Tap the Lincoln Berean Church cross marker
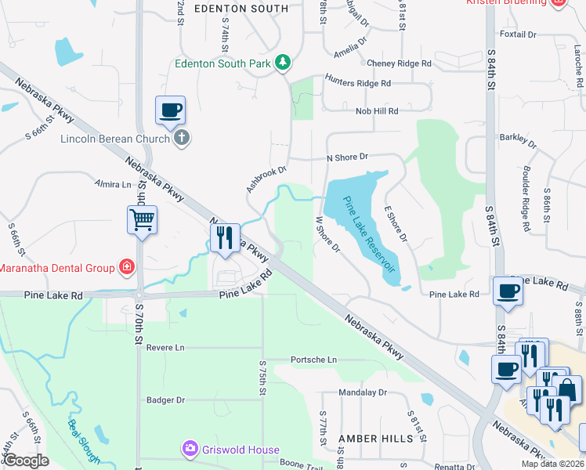(181, 139)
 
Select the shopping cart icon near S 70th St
(142, 220)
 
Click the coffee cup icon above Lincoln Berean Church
(169, 110)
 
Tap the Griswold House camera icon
(190, 450)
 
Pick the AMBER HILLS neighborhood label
(369, 439)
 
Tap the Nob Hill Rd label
(377, 111)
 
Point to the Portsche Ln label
(313, 360)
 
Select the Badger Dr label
(165, 399)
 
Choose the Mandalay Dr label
(363, 392)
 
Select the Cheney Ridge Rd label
(399, 63)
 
